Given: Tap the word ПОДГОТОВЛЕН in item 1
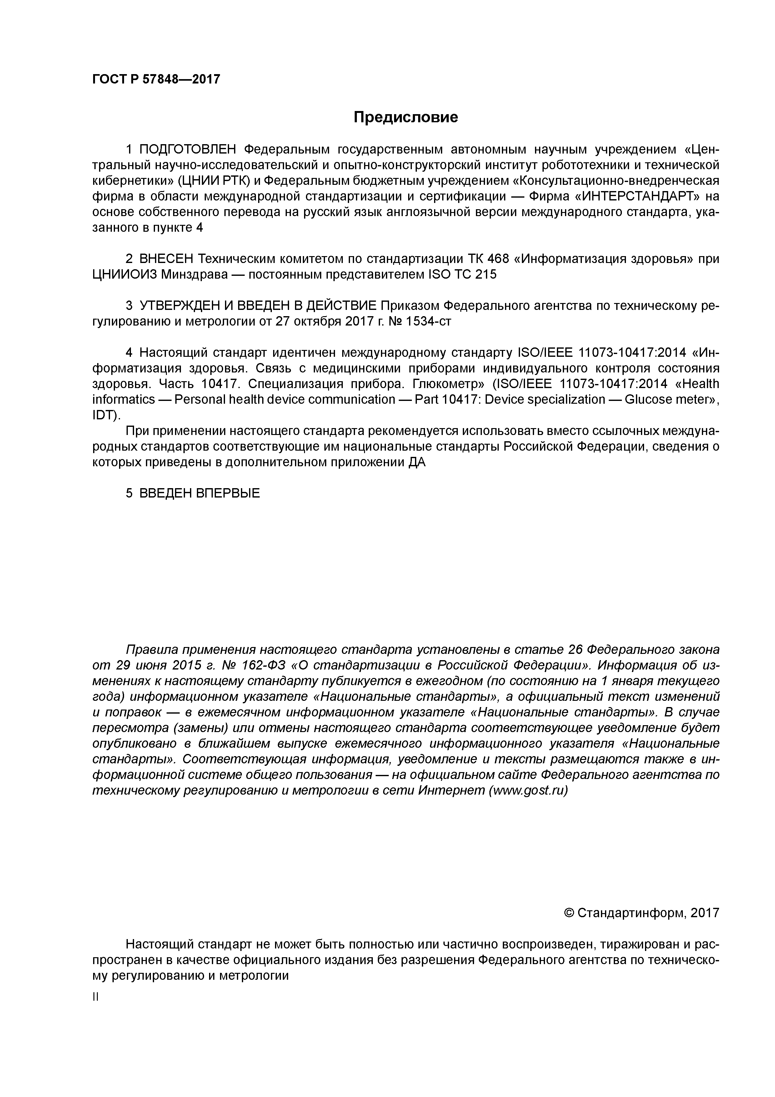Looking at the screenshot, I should [188, 149].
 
